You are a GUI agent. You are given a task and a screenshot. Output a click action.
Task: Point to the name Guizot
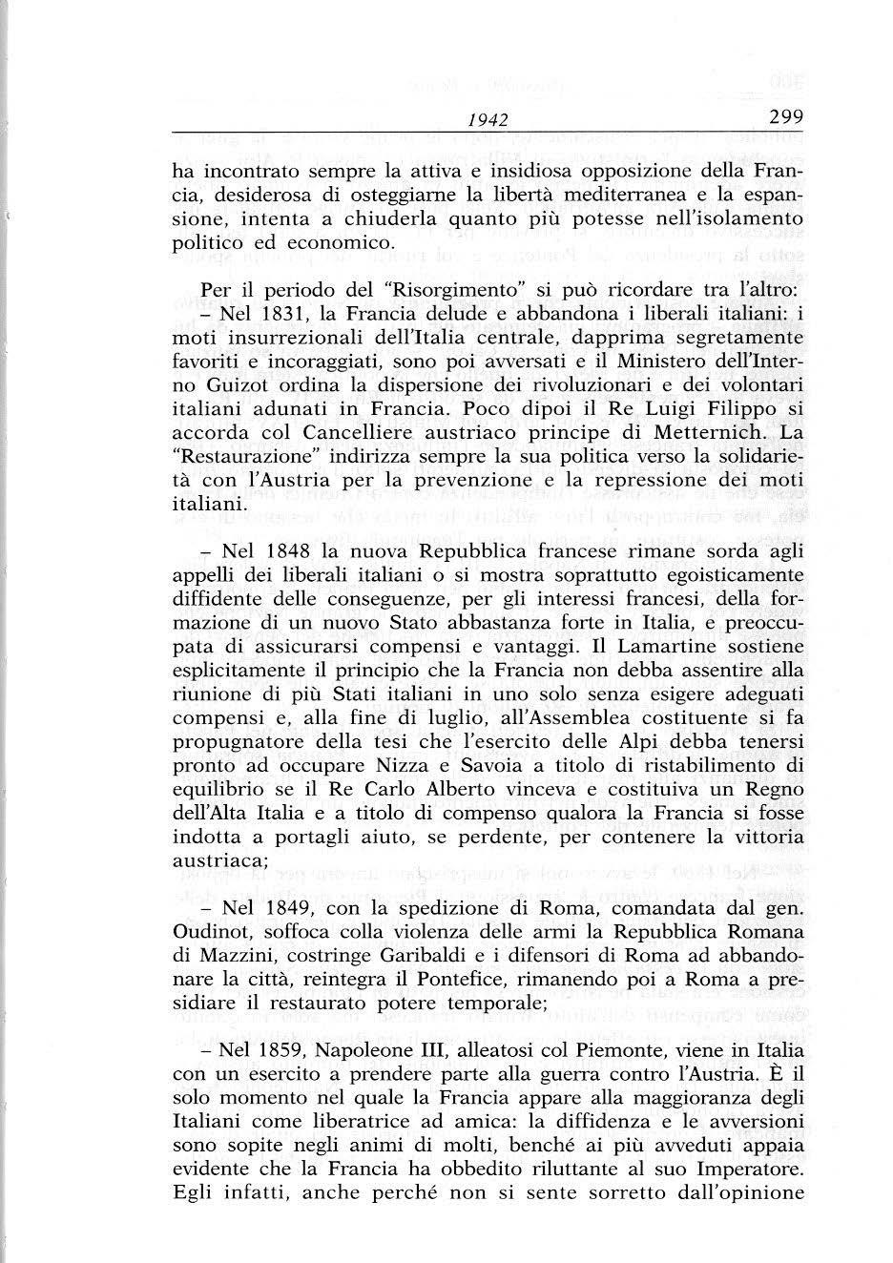tap(217, 384)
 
